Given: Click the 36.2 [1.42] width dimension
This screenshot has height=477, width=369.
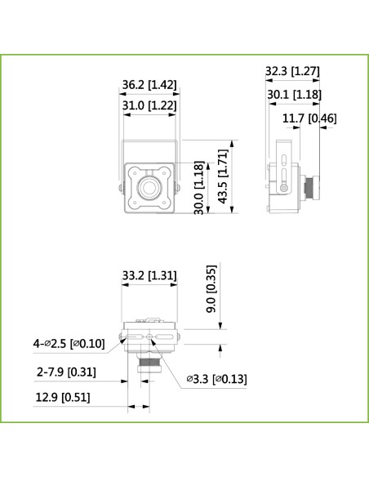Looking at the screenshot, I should [x=149, y=85].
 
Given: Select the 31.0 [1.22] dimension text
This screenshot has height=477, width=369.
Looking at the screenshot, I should [x=149, y=105].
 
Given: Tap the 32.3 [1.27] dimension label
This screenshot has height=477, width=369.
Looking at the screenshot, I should [x=292, y=72].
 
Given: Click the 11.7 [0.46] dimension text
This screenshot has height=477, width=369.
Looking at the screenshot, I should [x=309, y=118].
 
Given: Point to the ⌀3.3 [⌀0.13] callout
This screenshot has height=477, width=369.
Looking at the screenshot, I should [x=216, y=378].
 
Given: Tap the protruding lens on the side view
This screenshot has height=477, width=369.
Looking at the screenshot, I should [x=309, y=189].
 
